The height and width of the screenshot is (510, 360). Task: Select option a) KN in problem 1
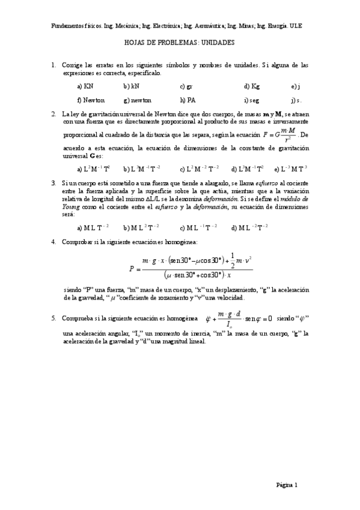(85, 86)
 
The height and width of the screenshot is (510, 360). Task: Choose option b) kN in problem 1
(130, 86)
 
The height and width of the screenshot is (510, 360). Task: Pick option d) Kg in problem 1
(252, 86)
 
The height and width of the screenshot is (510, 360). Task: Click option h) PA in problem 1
(188, 100)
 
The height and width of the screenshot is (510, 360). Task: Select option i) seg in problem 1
(252, 100)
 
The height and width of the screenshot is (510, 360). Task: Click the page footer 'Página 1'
(287, 484)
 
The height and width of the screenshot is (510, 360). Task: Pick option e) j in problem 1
(295, 86)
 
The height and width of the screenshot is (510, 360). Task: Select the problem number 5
(53, 318)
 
